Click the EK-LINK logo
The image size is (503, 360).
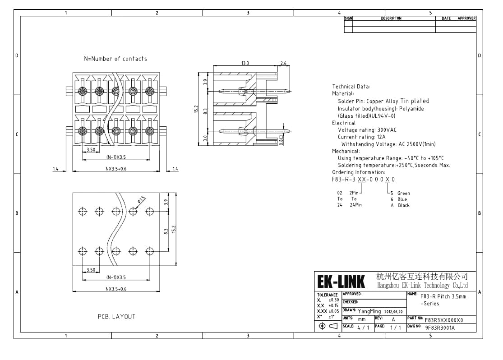(x=341, y=282)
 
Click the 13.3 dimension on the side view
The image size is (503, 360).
(x=245, y=63)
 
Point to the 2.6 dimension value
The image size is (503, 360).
(x=283, y=63)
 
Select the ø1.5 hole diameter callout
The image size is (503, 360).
(x=141, y=199)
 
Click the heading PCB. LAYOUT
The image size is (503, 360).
(x=116, y=317)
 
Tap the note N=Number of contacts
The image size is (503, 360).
(x=115, y=59)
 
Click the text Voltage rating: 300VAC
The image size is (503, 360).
(x=367, y=130)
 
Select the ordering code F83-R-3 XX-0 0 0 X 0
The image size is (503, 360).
(x=363, y=180)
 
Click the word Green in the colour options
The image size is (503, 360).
(x=404, y=193)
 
